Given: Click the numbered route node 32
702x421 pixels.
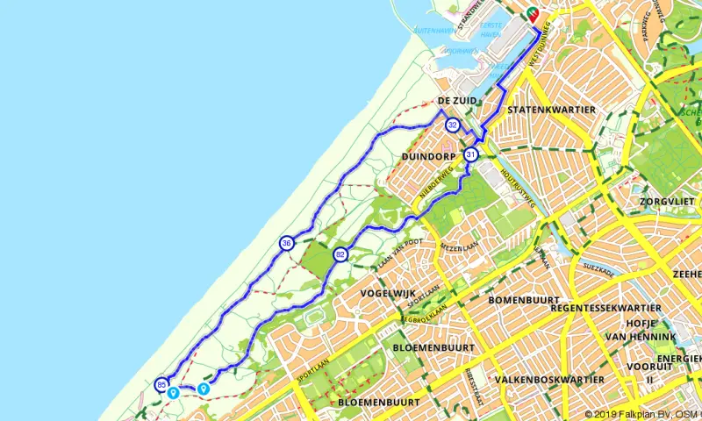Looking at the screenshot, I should point(452,125).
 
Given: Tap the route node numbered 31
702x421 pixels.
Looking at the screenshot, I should point(471,154).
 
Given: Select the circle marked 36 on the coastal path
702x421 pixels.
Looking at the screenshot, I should point(287,242).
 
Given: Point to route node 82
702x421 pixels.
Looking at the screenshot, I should point(340,254).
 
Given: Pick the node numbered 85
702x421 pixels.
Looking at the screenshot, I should point(161,384).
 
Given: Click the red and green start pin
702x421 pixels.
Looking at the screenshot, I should point(532,14).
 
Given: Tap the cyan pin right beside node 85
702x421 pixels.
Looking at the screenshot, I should point(174,393).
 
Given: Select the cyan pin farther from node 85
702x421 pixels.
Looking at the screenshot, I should point(204,389).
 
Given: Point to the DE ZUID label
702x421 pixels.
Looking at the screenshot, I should point(457,101).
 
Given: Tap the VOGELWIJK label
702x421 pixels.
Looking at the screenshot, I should point(385,295).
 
